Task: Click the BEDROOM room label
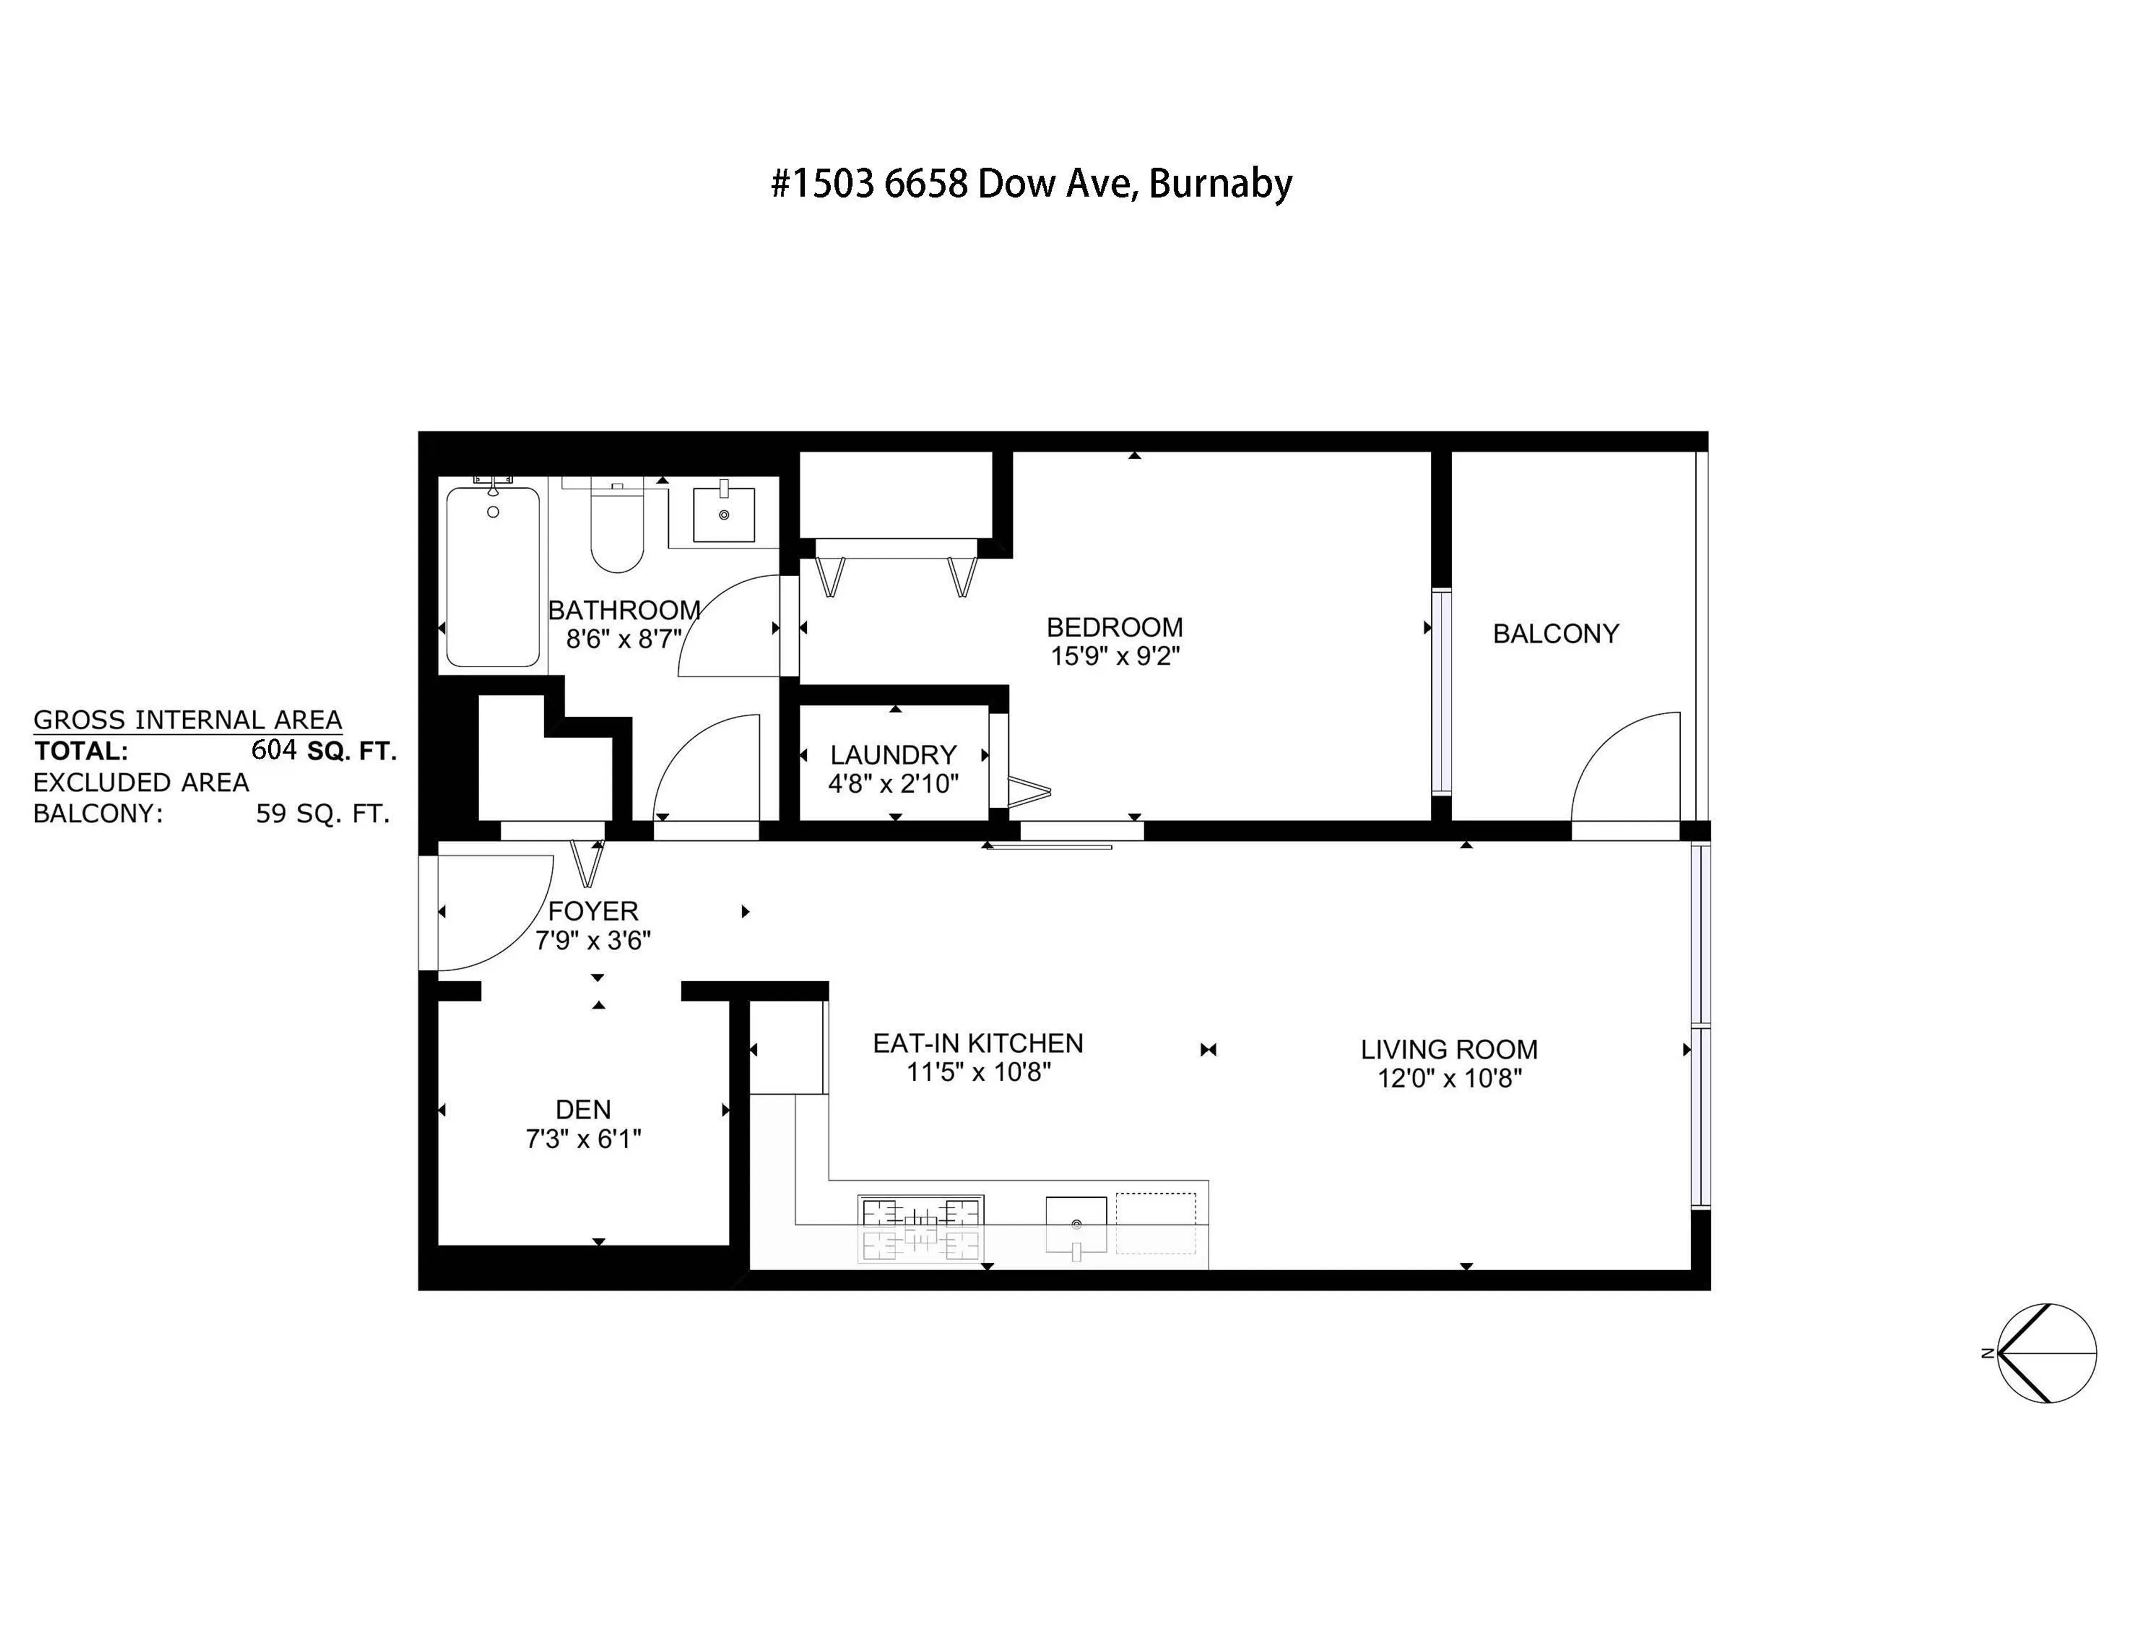pos(1115,627)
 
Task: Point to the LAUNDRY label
pos(893,755)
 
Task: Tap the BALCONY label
pos(1555,634)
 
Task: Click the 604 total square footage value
pos(274,751)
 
